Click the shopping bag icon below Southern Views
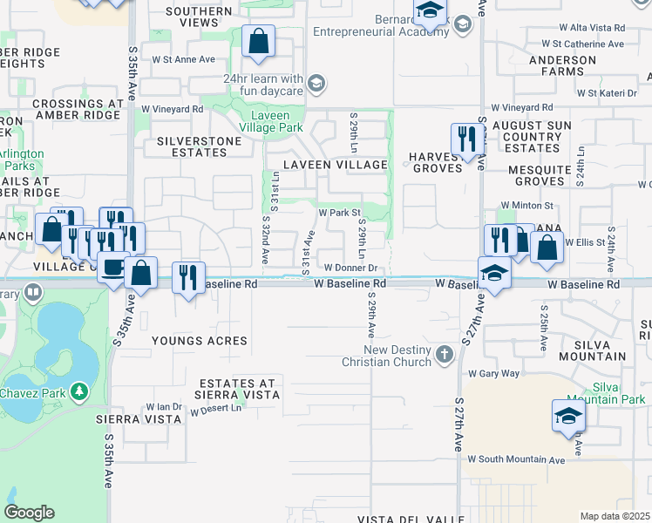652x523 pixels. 259,41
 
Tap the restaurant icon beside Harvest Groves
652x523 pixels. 467,139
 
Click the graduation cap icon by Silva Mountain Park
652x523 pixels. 567,416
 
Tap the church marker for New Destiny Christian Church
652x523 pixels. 445,354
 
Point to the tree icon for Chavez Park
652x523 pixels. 80,392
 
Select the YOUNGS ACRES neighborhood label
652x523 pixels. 200,341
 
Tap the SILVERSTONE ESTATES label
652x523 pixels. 191,146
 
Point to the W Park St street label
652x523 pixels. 339,213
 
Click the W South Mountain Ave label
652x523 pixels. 516,458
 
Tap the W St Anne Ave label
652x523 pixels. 183,60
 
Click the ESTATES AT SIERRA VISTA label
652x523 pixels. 237,389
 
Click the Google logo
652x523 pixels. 29,513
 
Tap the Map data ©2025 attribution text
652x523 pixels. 615,516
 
